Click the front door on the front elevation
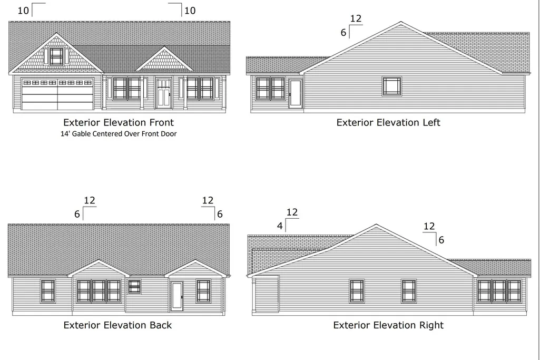click(x=164, y=93)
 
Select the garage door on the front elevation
click(x=57, y=94)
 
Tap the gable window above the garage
click(x=56, y=56)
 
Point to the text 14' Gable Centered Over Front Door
click(x=119, y=134)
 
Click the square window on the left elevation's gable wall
click(x=392, y=86)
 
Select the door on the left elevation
click(x=295, y=93)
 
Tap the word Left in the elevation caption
click(x=431, y=122)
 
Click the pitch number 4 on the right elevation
click(x=280, y=226)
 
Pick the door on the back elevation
click(x=177, y=296)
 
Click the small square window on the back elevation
click(x=134, y=286)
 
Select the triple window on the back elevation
click(x=99, y=291)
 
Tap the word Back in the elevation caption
click(x=161, y=325)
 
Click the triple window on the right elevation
click(x=499, y=291)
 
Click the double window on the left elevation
click(x=270, y=89)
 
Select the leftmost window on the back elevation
click(x=48, y=291)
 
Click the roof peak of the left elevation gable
click(x=400, y=22)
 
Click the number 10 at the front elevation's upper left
click(x=23, y=11)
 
